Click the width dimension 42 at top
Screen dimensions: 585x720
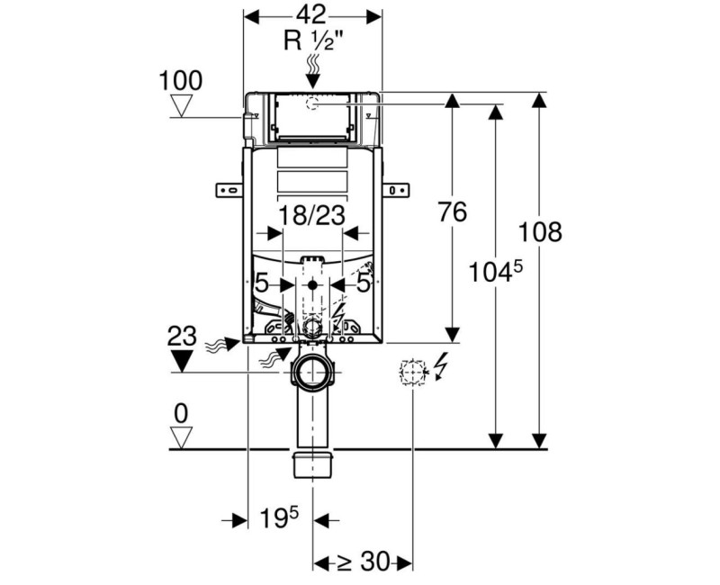[x=313, y=15]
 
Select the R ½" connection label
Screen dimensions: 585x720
[x=313, y=40]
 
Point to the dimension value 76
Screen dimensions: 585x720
[x=453, y=213]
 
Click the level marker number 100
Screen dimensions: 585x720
[x=181, y=80]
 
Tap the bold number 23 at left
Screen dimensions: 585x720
[x=181, y=337]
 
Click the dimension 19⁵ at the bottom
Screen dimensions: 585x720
[x=280, y=518]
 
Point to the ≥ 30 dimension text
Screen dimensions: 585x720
[x=363, y=562]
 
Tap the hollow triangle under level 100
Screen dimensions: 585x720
[x=182, y=106]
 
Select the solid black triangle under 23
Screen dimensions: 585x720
[x=182, y=361]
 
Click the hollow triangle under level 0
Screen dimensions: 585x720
[x=182, y=438]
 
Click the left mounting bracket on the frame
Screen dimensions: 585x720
[x=229, y=189]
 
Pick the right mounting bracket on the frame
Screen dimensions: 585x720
[x=396, y=189]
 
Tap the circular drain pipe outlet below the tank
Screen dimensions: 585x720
[x=312, y=371]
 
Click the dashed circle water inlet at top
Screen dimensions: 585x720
[x=312, y=103]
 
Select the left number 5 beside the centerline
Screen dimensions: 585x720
[x=263, y=283]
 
